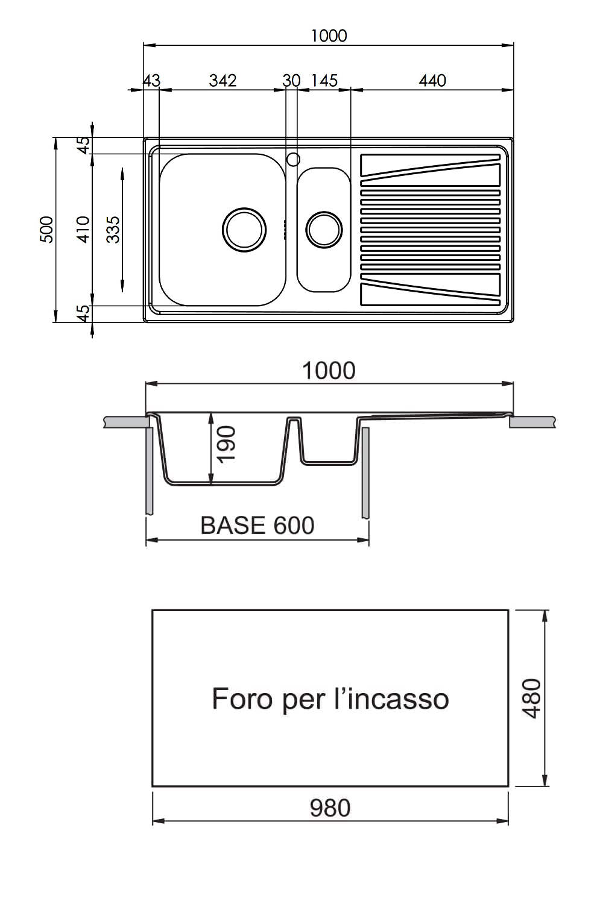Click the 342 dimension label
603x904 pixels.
point(223,81)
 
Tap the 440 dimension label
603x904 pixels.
point(432,81)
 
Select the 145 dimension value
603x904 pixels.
point(324,81)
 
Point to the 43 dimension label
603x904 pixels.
point(152,81)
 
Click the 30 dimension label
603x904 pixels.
point(291,81)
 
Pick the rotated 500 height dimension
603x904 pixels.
point(47,230)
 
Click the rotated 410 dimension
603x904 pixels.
point(83,230)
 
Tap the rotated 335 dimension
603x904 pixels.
point(113,230)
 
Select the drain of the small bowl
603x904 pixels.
point(324,230)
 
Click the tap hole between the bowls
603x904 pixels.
point(293,160)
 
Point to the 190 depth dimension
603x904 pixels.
point(226,444)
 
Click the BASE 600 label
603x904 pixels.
point(257,526)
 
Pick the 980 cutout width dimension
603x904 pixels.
point(330,808)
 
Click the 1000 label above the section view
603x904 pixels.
point(329,371)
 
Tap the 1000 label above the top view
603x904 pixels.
point(329,36)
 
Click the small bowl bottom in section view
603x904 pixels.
point(329,463)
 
